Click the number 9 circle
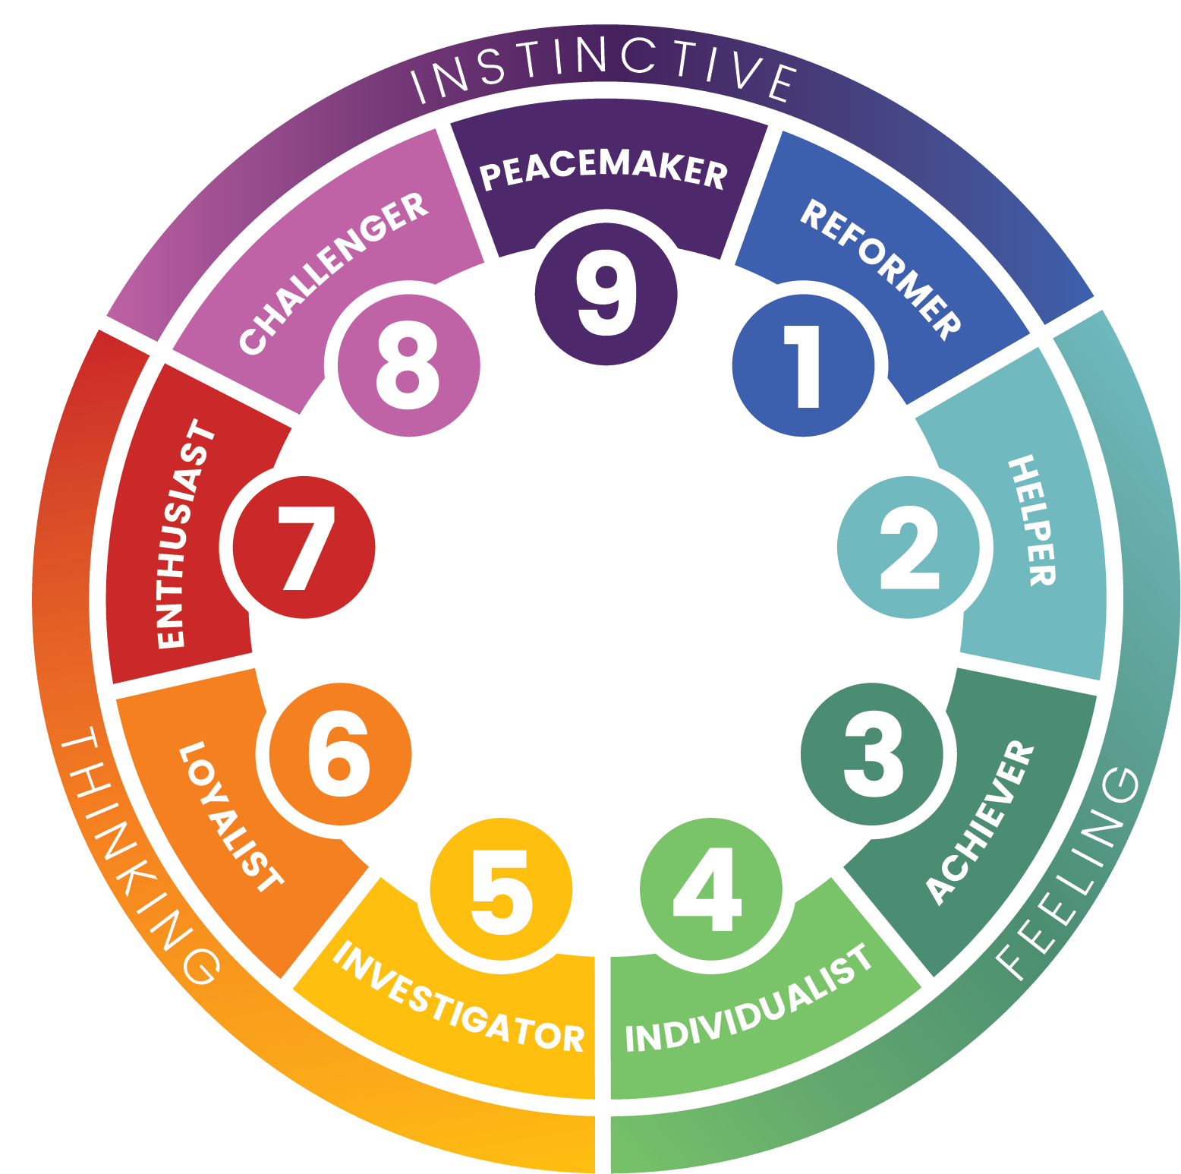(x=606, y=293)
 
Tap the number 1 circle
(x=803, y=365)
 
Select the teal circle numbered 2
(x=909, y=547)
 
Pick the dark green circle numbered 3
(x=872, y=753)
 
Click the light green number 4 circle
(x=710, y=889)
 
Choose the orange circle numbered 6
(x=340, y=753)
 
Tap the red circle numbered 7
(x=304, y=547)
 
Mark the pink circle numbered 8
(x=408, y=365)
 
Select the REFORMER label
(x=881, y=269)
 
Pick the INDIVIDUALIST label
(x=748, y=1001)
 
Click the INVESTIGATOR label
(x=459, y=998)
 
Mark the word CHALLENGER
(x=334, y=273)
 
